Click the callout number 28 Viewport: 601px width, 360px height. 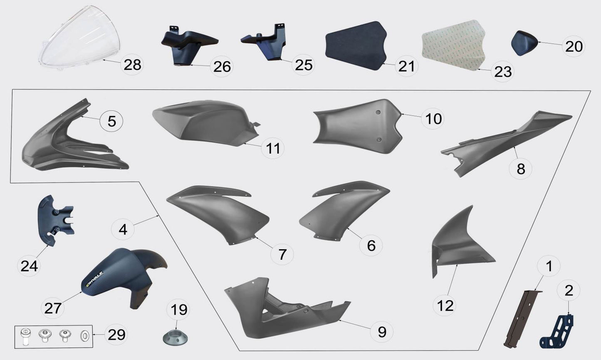(132, 65)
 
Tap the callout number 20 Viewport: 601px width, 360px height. (574, 46)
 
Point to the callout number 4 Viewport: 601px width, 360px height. (123, 228)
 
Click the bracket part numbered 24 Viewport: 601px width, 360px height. (54, 218)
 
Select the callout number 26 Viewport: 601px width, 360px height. (222, 66)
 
